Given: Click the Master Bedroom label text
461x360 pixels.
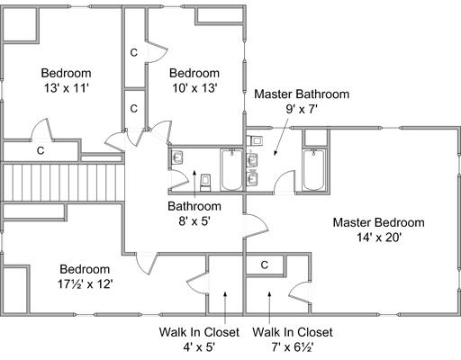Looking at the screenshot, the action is [378, 222].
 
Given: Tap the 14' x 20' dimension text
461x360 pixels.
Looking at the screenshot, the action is [379, 238].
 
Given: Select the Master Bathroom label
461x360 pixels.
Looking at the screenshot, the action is [302, 94].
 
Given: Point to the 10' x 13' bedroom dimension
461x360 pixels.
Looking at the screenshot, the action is [194, 88].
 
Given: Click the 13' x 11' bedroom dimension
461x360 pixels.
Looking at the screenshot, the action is [66, 88].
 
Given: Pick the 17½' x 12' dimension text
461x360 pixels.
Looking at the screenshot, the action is [85, 283].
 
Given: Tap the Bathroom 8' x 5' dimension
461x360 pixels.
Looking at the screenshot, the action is [194, 221].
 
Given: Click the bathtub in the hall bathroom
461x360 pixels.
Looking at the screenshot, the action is [231, 170].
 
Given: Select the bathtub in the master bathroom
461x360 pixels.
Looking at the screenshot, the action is [313, 170].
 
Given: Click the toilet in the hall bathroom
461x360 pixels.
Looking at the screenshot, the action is [205, 183].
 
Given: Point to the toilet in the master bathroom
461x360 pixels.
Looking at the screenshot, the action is [255, 140].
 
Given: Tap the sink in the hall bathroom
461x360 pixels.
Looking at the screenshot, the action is [177, 157].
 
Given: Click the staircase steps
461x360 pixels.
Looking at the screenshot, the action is [63, 183].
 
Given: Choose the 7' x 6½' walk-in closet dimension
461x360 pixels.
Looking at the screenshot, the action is [293, 347].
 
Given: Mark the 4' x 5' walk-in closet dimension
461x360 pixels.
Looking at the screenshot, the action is [199, 347].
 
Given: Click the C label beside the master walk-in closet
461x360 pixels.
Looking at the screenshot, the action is [264, 265].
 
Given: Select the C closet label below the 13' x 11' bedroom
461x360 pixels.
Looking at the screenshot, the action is [41, 150].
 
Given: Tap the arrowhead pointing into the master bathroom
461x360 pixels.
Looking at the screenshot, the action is [276, 153].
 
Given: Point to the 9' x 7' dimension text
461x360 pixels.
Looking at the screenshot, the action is [302, 109].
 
